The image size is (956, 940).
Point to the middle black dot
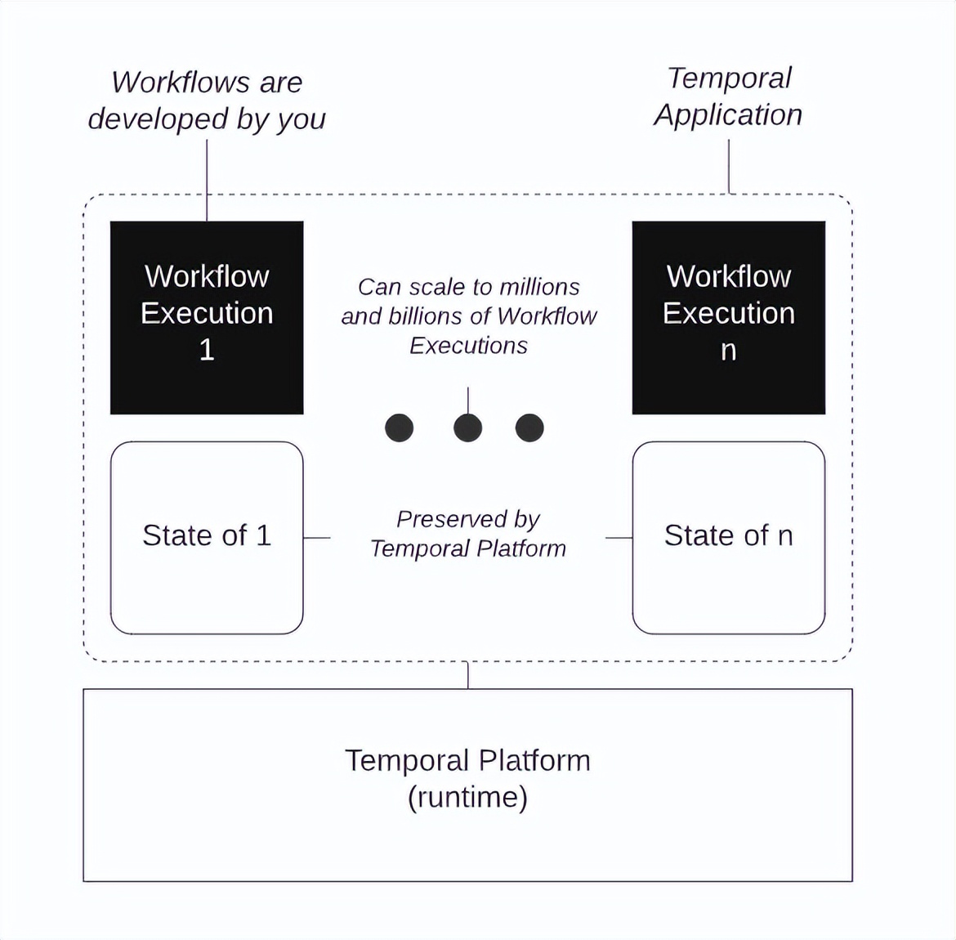click(x=467, y=427)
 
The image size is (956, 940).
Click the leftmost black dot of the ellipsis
click(x=400, y=427)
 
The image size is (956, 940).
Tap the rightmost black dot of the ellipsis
click(x=529, y=427)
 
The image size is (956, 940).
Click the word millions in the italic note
click(x=539, y=287)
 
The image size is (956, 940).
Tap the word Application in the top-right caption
click(x=728, y=115)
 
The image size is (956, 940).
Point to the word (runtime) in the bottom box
click(x=467, y=797)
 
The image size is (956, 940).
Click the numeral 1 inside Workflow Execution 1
click(x=207, y=351)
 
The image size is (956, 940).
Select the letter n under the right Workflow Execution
click(x=728, y=351)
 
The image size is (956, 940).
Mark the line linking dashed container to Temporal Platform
click(x=468, y=675)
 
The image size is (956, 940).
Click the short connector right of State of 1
click(x=317, y=538)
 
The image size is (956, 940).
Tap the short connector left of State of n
click(x=619, y=538)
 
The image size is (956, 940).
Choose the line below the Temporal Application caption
click(x=729, y=166)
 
